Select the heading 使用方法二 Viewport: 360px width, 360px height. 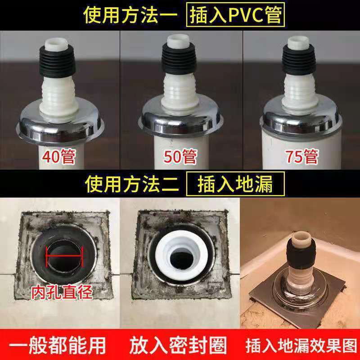pos(133,184)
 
